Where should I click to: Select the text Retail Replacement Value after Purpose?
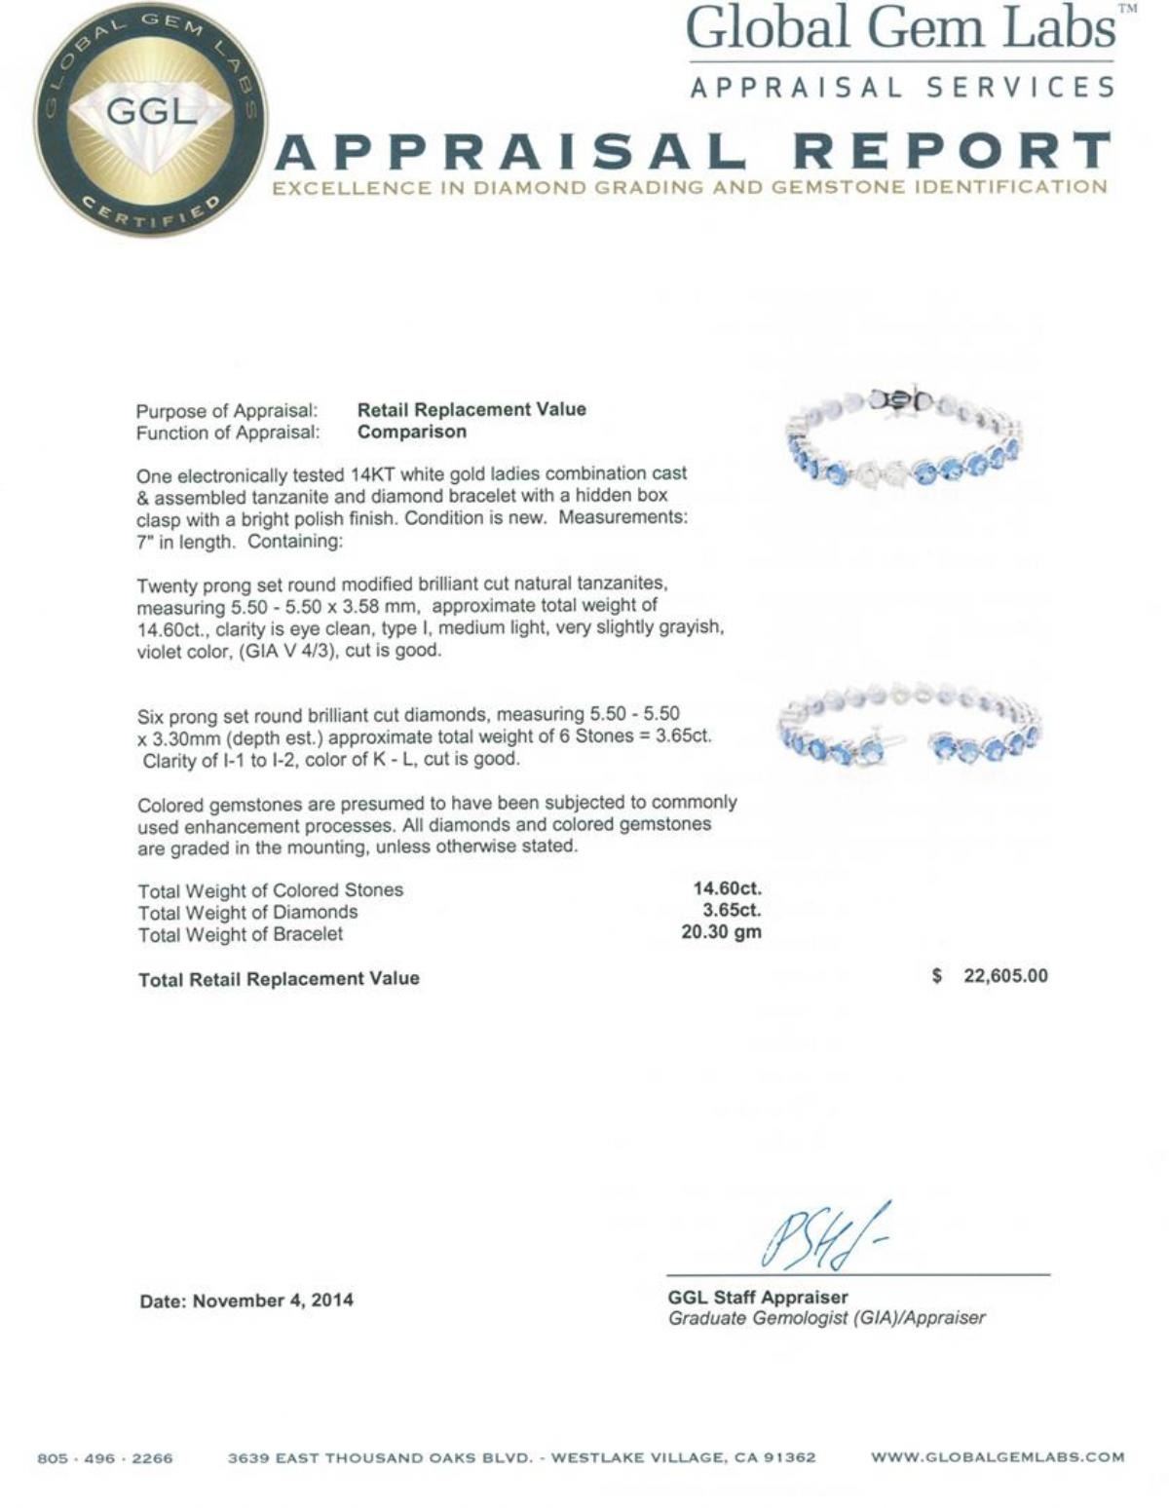471,409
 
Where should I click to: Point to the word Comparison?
412,432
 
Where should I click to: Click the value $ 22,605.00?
991,976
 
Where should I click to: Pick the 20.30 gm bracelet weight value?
721,932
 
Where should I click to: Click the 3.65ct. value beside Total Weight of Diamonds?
732,910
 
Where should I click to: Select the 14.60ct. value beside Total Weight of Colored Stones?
727,887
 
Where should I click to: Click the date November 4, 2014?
246,1301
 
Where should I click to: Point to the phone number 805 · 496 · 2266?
105,1458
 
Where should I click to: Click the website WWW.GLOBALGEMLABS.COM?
998,1457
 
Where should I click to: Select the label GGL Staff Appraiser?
758,1297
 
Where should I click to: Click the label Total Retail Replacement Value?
279,979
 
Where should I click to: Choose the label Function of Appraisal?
228,433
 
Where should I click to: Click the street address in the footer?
521,1458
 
